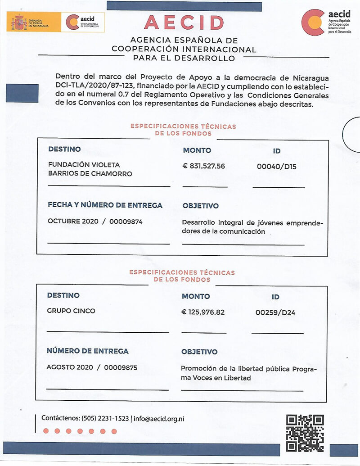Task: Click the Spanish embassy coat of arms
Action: point(19,22)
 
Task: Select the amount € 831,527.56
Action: point(203,166)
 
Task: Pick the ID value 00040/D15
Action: point(276,167)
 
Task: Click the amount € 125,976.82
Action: point(203,312)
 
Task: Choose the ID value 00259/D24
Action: point(275,312)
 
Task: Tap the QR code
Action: point(305,433)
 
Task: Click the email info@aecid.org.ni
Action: point(159,419)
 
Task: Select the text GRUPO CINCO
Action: point(71,311)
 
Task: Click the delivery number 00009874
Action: point(126,222)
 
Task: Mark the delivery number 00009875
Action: point(121,367)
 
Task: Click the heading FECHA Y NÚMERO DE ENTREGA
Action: point(105,205)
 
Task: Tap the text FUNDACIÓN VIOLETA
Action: point(84,165)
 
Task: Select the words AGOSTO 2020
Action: point(69,367)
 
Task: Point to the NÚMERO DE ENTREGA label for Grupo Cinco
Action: point(87,351)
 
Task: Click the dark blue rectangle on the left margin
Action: point(22,93)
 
